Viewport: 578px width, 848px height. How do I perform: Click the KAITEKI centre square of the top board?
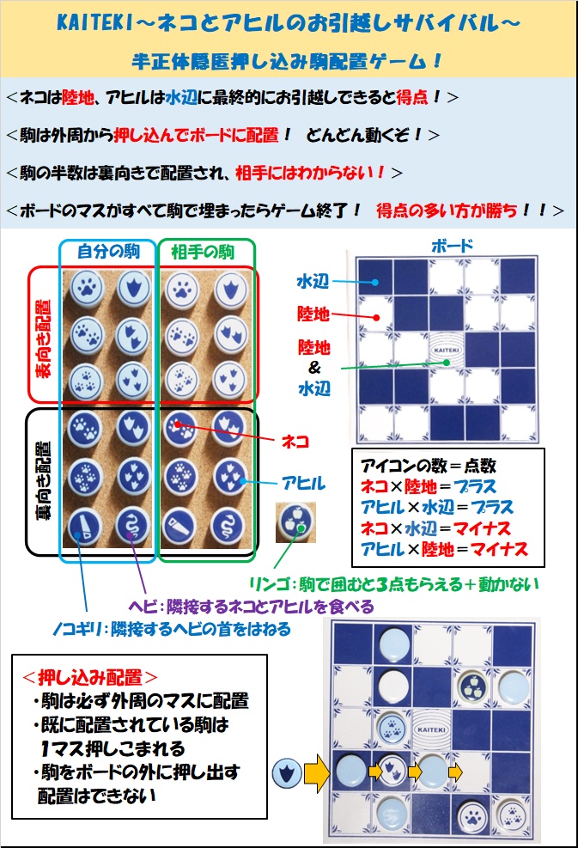(446, 350)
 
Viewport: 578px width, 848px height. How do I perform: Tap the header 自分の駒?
(109, 252)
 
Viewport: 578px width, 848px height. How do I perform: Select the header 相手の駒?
(203, 252)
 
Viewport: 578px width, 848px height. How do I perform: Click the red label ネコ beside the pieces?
(295, 442)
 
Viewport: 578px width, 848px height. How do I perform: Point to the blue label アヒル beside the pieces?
(303, 482)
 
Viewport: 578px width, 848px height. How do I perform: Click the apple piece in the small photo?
(295, 522)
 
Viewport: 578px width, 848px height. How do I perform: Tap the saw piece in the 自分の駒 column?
(85, 526)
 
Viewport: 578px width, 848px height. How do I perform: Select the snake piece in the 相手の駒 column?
(228, 525)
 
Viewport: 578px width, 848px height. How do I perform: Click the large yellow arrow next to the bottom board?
(317, 772)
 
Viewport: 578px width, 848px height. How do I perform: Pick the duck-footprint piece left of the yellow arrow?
(287, 773)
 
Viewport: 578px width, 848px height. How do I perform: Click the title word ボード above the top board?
(452, 246)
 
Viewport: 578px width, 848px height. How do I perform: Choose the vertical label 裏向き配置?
(41, 481)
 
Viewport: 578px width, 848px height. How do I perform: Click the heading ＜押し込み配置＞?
(90, 676)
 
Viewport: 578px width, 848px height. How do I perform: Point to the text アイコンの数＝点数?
(429, 466)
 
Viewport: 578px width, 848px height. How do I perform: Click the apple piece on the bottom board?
(473, 686)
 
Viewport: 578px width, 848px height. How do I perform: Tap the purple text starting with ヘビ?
(251, 607)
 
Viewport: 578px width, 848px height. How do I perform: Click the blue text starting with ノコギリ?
(172, 629)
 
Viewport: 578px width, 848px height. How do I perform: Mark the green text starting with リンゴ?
(394, 584)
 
